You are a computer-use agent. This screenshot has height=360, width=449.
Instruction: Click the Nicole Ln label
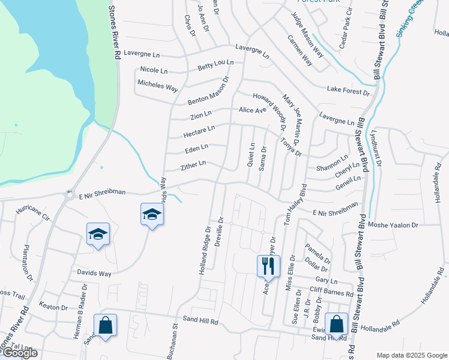tap(154, 70)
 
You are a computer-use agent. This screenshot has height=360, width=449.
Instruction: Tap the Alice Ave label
tap(252, 110)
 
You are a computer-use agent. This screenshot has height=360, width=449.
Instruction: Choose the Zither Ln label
tap(193, 164)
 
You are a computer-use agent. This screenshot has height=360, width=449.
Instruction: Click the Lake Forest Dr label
tap(348, 90)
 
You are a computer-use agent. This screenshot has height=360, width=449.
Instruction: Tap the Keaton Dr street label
tap(53, 307)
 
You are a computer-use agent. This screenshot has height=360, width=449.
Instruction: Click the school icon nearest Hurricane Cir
tap(97, 234)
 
